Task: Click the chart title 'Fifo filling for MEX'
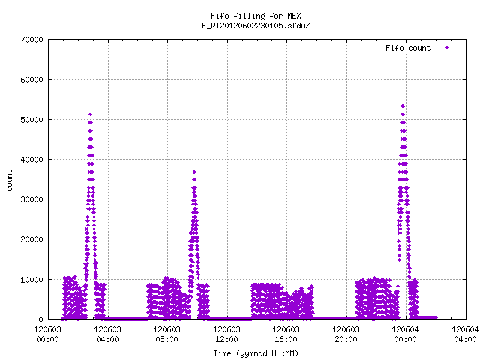point(256,16)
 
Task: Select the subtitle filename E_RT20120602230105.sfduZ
point(256,25)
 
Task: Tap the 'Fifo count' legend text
point(408,48)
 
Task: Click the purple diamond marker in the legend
point(447,48)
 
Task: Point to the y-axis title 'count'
point(10,181)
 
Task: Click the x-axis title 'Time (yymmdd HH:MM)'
point(256,353)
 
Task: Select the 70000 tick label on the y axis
point(31,40)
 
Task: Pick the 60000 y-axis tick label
point(31,79)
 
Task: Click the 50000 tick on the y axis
point(31,120)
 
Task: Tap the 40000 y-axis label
point(31,160)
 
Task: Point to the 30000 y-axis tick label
point(31,199)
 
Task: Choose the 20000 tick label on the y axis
point(31,239)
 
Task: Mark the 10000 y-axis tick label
point(31,280)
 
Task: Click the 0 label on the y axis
point(40,319)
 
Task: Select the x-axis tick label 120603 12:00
point(226,334)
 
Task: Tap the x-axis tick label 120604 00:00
point(406,334)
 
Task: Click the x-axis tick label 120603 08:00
point(166,334)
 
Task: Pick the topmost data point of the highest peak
point(403,106)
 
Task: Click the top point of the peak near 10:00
point(194,172)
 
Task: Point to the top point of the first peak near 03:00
point(90,115)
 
